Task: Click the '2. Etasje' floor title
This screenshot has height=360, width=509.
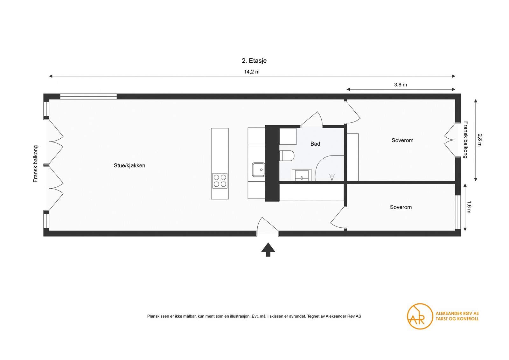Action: point(254,61)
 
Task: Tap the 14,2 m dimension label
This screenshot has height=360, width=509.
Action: point(252,72)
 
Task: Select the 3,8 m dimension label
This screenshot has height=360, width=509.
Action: point(401,85)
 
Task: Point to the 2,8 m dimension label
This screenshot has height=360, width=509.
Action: point(479,140)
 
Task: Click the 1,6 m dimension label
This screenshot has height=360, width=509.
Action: point(469,207)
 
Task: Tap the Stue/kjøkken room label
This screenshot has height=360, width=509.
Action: point(129,166)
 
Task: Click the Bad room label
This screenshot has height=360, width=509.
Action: point(315,144)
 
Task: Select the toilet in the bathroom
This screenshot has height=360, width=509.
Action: point(287,156)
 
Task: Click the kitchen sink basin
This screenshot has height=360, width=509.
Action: point(258,170)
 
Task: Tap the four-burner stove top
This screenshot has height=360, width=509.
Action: point(220,181)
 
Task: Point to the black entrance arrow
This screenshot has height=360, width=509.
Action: point(268,249)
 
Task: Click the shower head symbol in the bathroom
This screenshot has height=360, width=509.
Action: point(332,177)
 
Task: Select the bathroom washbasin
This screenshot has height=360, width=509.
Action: point(302,175)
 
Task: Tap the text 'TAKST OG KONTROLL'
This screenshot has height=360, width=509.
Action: point(457,319)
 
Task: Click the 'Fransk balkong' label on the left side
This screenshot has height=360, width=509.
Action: point(35,164)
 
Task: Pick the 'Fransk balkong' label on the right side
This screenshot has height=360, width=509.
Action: point(466,140)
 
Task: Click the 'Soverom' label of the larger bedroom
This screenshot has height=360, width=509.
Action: point(402,140)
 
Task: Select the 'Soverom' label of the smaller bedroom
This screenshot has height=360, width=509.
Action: point(401,207)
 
